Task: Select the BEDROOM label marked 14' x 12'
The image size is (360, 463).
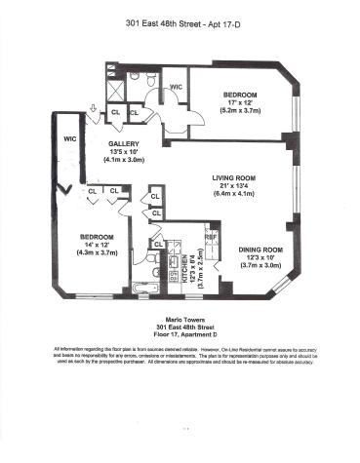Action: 98,237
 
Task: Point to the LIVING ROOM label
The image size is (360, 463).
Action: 234,176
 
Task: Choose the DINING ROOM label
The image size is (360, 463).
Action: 260,249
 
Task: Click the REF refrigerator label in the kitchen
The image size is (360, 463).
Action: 210,236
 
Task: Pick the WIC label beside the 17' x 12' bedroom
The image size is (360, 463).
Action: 177,88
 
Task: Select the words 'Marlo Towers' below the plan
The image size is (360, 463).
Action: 179,316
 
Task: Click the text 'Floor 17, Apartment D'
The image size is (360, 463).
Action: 179,333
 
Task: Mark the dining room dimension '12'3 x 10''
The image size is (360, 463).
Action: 260,257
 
